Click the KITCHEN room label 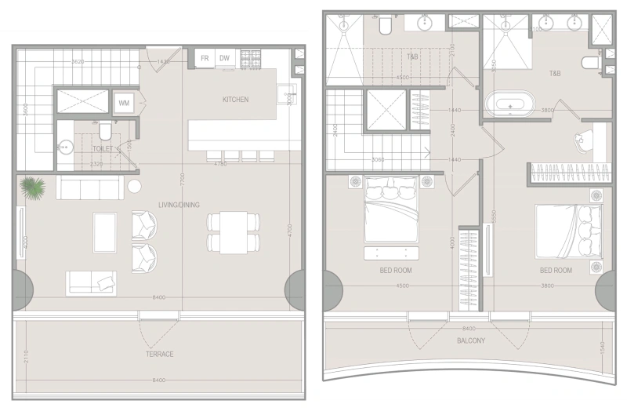coord(235,100)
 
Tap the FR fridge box coord(205,58)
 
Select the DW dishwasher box coord(225,58)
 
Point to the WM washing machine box coord(124,104)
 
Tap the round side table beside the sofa coord(134,187)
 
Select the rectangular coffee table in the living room coord(105,233)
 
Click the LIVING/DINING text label coord(179,206)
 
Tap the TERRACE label coord(159,354)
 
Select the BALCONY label coord(470,340)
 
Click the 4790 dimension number coord(221,164)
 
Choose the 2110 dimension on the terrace coord(25,357)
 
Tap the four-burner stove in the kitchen coord(250,57)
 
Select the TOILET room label coord(103,147)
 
